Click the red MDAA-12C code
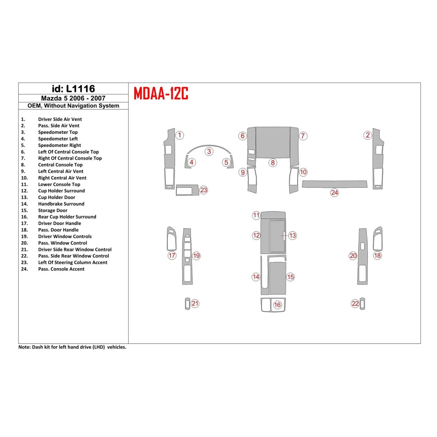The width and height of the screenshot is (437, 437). pyautogui.click(x=161, y=93)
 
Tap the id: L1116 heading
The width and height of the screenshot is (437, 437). pyautogui.click(x=73, y=89)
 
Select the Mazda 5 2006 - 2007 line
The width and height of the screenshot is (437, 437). pyautogui.click(x=73, y=98)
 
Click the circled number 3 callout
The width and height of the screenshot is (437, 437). pyautogui.click(x=209, y=151)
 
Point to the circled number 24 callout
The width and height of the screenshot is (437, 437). pyautogui.click(x=335, y=193)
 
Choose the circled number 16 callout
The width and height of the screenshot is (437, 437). pyautogui.click(x=277, y=305)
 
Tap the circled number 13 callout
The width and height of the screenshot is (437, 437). pyautogui.click(x=293, y=236)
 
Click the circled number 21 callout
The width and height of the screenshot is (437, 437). pyautogui.click(x=195, y=303)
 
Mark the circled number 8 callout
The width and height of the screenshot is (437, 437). pyautogui.click(x=273, y=163)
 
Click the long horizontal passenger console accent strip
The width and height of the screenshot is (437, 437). pyautogui.click(x=335, y=184)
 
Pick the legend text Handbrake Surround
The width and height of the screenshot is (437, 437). pyautogui.click(x=61, y=204)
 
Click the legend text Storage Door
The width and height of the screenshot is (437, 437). pyautogui.click(x=53, y=210)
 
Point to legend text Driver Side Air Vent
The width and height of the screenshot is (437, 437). pyautogui.click(x=60, y=119)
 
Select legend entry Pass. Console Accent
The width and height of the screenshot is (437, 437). pyautogui.click(x=61, y=269)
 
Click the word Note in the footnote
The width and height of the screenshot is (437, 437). pyautogui.click(x=24, y=347)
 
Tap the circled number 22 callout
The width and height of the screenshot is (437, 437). pyautogui.click(x=355, y=303)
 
